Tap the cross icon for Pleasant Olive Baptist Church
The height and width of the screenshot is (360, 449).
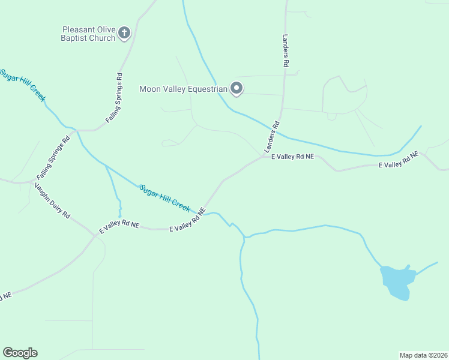click(124, 32)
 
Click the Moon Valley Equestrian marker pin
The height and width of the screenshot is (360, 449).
click(237, 89)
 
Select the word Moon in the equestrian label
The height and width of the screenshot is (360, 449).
click(149, 89)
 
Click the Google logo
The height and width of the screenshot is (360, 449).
click(20, 353)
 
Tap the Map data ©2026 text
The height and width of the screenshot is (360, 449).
click(423, 355)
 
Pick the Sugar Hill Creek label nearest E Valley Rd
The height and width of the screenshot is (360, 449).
click(165, 197)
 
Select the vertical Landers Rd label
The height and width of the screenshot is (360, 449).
click(286, 49)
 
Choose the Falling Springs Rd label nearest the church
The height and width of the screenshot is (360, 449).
click(115, 98)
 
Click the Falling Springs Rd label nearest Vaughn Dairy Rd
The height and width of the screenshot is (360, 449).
click(53, 158)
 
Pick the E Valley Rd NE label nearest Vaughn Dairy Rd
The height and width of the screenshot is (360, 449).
click(119, 226)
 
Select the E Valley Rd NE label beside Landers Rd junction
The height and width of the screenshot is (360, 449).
click(292, 157)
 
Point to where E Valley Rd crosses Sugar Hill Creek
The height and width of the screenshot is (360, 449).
click(205, 213)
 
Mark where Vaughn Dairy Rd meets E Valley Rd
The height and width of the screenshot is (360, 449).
click(94, 235)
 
